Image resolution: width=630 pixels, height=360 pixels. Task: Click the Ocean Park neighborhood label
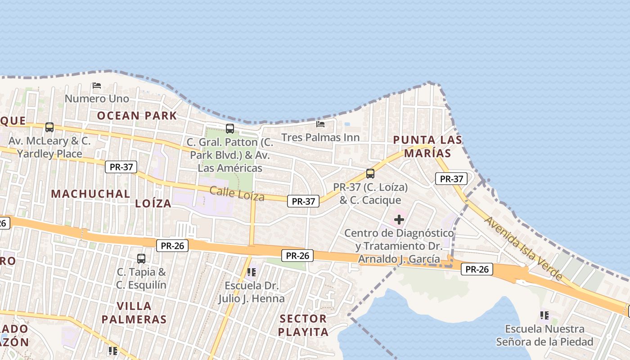point(137,116)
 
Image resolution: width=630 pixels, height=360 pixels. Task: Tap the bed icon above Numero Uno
point(96,85)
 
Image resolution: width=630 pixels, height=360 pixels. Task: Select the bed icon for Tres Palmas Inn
point(320,124)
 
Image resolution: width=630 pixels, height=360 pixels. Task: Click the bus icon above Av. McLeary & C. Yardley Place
point(49,127)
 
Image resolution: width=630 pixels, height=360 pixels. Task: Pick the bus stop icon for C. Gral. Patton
point(230,129)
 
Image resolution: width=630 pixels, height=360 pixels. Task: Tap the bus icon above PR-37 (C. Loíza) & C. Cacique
point(370,173)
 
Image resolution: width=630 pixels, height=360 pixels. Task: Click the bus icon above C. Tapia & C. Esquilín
point(141,259)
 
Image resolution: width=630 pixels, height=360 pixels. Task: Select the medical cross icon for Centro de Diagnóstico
point(399,220)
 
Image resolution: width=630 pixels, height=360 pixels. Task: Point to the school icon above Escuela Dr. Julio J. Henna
point(252,272)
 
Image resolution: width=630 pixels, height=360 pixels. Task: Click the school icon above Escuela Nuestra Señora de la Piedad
point(544,315)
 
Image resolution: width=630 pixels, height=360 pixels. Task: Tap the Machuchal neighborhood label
point(90,194)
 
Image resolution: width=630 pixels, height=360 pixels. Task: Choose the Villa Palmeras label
point(134,313)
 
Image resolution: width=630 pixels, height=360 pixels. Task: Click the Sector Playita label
point(303,325)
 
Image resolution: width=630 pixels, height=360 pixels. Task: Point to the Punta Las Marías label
point(427,146)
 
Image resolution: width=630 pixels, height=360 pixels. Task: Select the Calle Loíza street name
point(237,194)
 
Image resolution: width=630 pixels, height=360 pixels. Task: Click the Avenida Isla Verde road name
point(524,248)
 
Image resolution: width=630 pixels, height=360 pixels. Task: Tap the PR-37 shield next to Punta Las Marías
point(451,179)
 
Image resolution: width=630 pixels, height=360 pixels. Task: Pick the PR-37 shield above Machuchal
point(121,167)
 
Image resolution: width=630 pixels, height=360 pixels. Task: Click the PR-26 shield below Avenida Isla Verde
point(477,270)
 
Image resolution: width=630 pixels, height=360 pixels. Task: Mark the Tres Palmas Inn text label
point(320,137)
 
